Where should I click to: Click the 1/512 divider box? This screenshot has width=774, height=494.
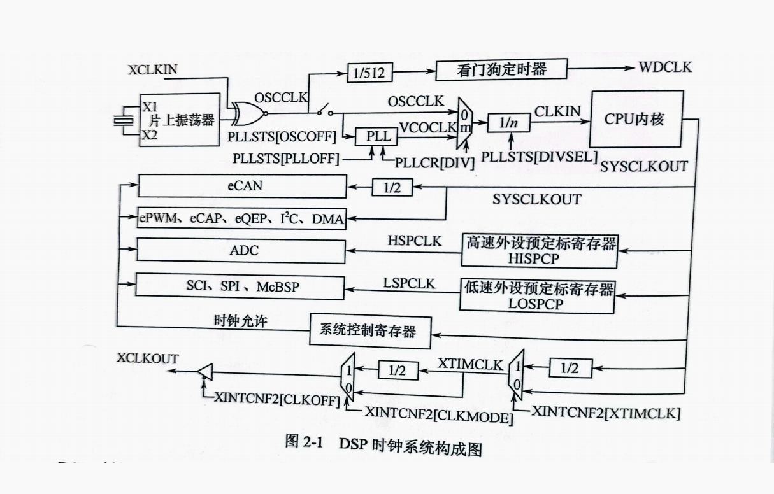tap(370, 74)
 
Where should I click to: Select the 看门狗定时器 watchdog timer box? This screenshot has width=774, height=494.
tap(501, 69)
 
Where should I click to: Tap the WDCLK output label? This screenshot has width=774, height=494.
tap(665, 67)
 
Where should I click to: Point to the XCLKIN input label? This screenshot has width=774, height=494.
tap(153, 69)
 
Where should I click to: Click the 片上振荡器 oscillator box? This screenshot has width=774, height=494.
tap(180, 120)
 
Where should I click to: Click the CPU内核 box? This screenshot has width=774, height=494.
tap(636, 119)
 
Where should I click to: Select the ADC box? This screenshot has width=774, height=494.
tap(241, 250)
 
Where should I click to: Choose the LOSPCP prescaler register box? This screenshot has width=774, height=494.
tap(537, 295)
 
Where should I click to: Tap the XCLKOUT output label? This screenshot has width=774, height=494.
tap(148, 358)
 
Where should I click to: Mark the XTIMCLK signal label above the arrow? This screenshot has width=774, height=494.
tap(470, 364)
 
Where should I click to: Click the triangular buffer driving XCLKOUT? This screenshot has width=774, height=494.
tap(204, 372)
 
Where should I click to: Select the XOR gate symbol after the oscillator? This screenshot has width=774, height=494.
tap(245, 114)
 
